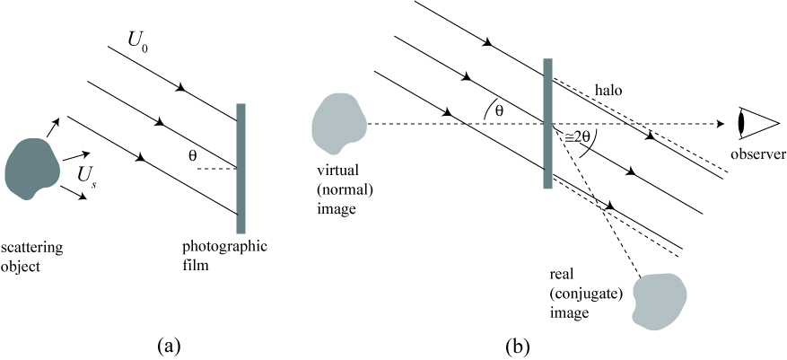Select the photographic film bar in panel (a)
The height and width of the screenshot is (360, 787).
(x=240, y=168)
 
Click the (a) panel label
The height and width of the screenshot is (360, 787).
(x=168, y=344)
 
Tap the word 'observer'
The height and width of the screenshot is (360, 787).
(x=756, y=154)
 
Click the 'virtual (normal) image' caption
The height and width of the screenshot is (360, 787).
(x=333, y=188)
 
